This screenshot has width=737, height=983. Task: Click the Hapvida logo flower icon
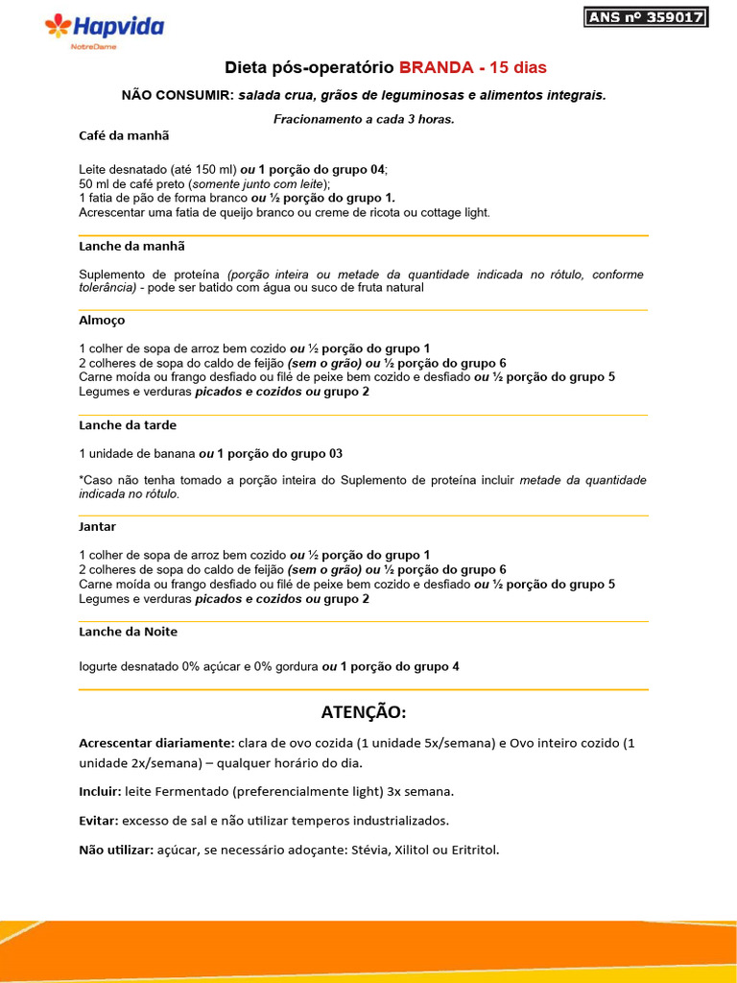coord(59,27)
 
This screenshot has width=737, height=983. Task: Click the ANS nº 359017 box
coord(645,17)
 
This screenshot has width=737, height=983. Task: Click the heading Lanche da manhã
coord(131,247)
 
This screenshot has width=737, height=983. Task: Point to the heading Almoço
coord(102,320)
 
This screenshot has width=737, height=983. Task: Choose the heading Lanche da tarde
coord(128,425)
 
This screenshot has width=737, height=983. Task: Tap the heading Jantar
coord(97,527)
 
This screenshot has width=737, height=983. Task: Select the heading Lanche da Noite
coord(128,632)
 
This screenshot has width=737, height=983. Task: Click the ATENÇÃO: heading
coord(364,712)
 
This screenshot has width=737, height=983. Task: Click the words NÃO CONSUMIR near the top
coord(178,95)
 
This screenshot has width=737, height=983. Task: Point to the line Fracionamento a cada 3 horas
coord(364,119)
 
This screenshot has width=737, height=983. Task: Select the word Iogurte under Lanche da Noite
coord(100,666)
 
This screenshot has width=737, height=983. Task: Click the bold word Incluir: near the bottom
coord(100,792)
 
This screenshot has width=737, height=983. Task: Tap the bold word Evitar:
coord(98,821)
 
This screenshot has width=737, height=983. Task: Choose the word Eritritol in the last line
coord(472,850)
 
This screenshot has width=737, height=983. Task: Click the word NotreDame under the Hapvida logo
coord(94,47)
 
